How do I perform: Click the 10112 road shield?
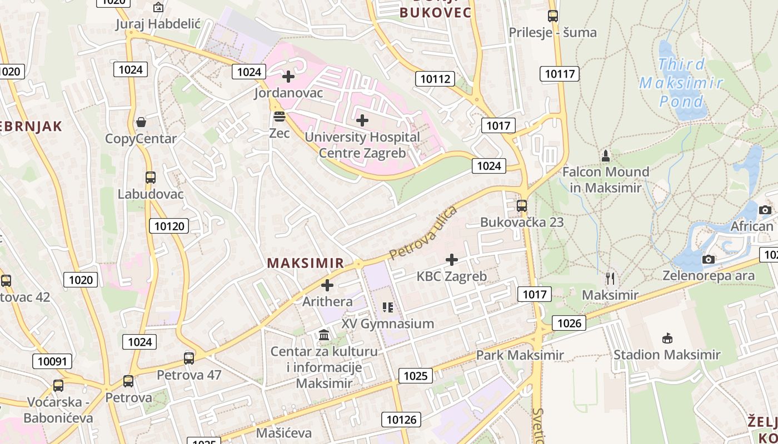pos(435,79)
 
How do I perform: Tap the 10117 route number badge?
pos(560,74)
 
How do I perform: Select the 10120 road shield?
pos(169,226)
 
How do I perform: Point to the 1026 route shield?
pos(569,323)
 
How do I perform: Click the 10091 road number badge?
pos(52,362)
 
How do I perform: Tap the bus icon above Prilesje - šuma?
pos(552,16)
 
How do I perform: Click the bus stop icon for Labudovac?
pos(151,178)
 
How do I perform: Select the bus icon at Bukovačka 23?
pos(521,206)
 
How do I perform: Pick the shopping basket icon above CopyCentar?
pos(141,122)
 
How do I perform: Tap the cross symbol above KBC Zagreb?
pos(452,259)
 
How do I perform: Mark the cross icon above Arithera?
pos(327,285)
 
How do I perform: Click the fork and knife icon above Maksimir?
pos(610,278)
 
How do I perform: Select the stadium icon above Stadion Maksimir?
pos(667,337)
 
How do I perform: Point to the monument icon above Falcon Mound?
pos(606,155)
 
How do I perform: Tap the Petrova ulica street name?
pos(423,233)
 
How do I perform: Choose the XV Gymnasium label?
pos(388,324)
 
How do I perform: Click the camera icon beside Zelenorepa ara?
pos(708,259)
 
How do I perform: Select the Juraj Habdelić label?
pos(158,24)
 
